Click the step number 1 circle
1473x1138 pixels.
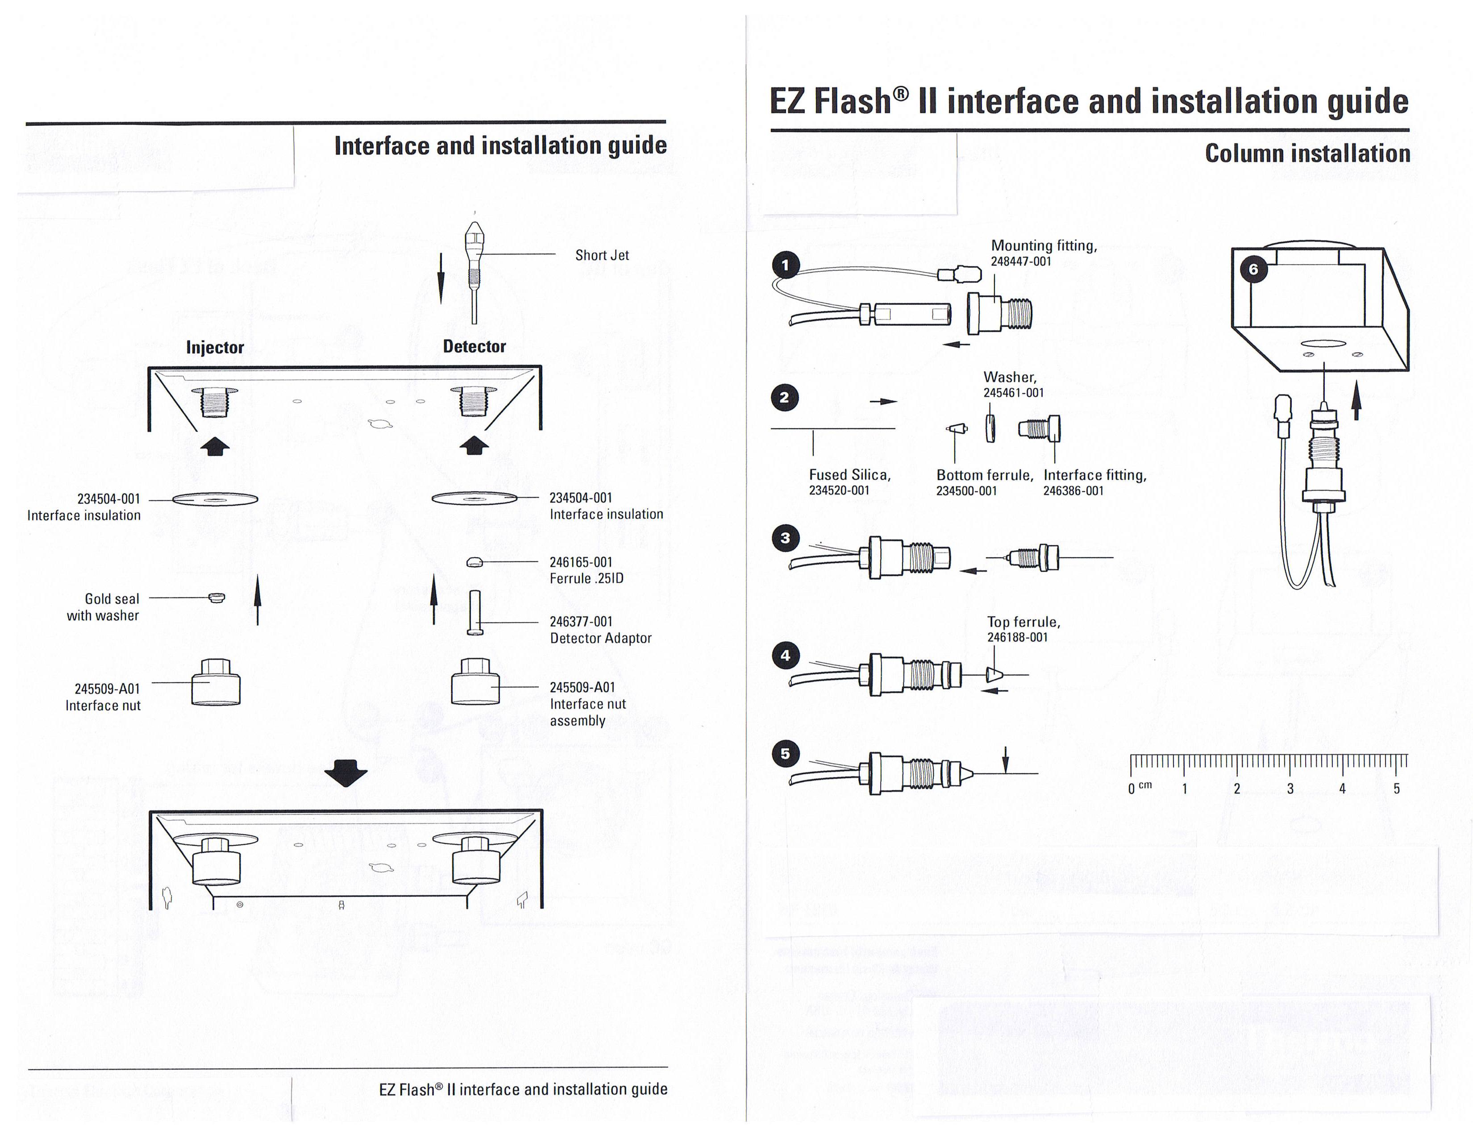click(x=785, y=265)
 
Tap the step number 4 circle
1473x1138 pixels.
click(x=785, y=655)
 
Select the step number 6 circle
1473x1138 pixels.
click(x=1253, y=270)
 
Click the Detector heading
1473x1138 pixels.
click(x=474, y=346)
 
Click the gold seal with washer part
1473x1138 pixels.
click(x=216, y=597)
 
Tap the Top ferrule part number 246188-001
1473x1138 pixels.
click(x=1017, y=638)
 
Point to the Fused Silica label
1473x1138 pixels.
click(x=850, y=475)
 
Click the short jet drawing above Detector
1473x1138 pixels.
click(x=474, y=270)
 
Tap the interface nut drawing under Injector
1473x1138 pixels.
click(x=216, y=682)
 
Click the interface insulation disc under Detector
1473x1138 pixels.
click(x=474, y=499)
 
